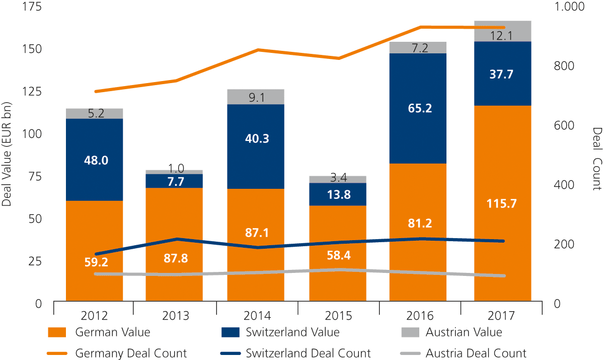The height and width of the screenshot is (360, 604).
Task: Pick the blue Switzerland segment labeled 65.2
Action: tap(421, 108)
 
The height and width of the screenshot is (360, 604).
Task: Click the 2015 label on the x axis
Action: tap(339, 316)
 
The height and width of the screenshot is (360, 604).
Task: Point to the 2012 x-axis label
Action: tap(95, 316)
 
